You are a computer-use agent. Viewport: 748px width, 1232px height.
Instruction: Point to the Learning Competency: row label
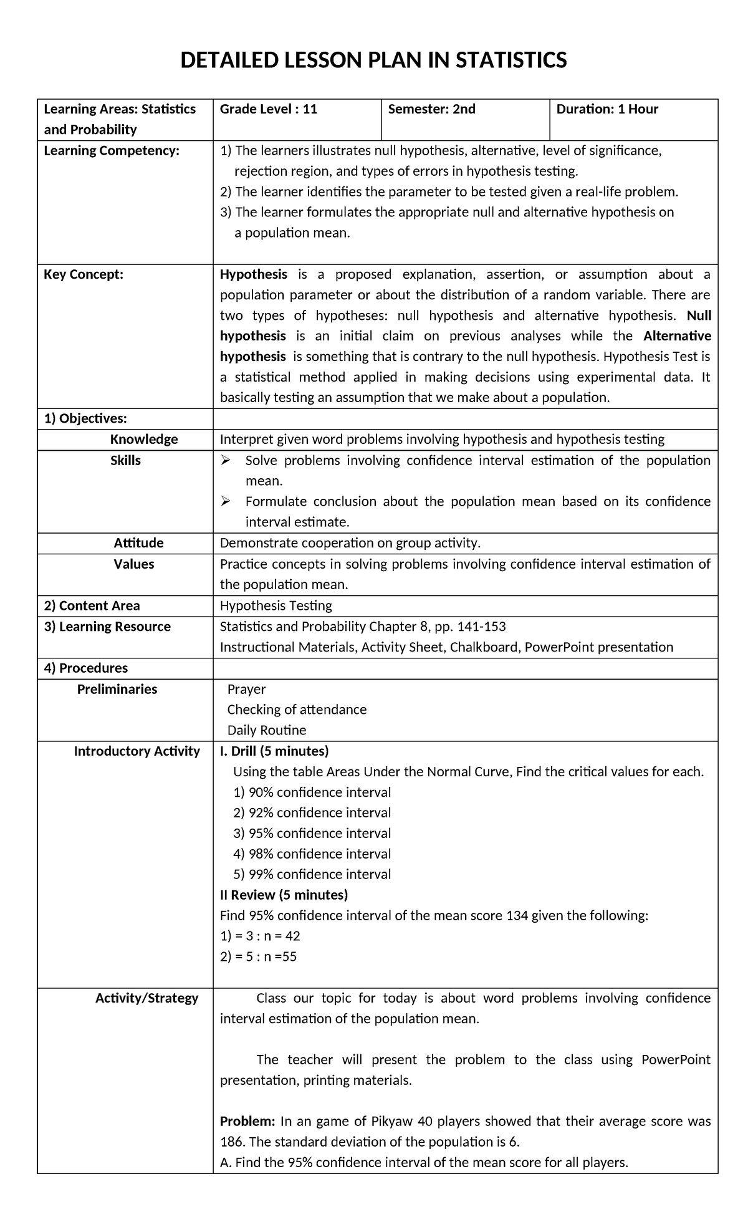tap(112, 151)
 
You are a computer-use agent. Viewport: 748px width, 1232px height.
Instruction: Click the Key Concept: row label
tap(84, 275)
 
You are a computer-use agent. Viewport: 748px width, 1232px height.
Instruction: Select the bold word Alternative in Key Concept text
tap(677, 337)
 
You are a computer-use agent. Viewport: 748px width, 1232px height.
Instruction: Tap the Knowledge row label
tap(144, 440)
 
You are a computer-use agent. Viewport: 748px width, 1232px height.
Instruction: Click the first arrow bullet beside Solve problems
tap(226, 461)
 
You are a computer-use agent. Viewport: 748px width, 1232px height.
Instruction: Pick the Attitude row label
tap(138, 543)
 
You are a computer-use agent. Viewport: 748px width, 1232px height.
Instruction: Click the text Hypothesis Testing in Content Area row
tap(276, 606)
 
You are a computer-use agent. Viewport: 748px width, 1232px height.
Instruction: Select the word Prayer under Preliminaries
tap(246, 690)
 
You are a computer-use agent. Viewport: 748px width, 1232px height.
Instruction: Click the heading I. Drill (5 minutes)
tap(274, 751)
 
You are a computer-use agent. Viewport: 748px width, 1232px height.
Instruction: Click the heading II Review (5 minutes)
tap(284, 895)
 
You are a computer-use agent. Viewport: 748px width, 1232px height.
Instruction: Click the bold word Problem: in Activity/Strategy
tap(247, 1122)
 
